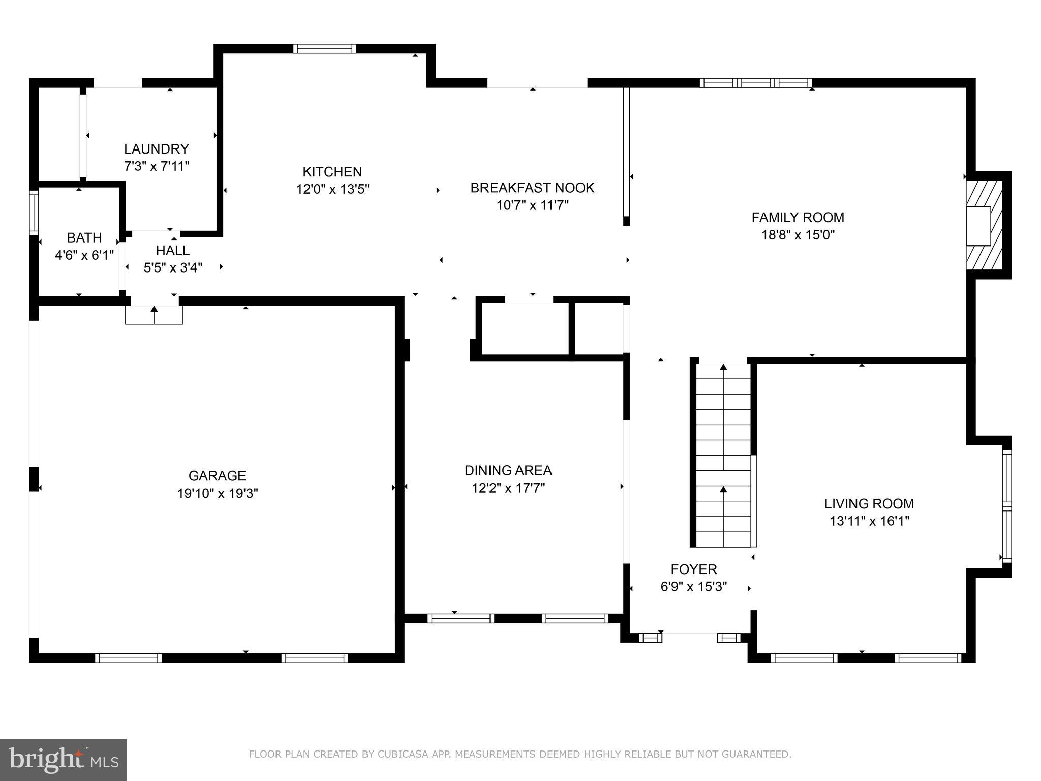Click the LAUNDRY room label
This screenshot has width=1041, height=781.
pyautogui.click(x=157, y=149)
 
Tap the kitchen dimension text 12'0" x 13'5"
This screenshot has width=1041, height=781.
pyautogui.click(x=332, y=189)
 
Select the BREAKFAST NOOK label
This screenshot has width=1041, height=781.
pyautogui.click(x=532, y=188)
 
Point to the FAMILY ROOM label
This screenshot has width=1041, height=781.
pyautogui.click(x=798, y=218)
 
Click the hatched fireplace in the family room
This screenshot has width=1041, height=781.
pyautogui.click(x=984, y=226)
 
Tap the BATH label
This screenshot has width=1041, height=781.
pyautogui.click(x=84, y=237)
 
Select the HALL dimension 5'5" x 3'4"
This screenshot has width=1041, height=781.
pyautogui.click(x=173, y=268)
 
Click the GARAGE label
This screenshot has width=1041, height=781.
pyautogui.click(x=217, y=476)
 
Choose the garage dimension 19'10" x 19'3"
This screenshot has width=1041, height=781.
pyautogui.click(x=218, y=493)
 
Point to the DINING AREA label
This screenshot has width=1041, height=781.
pyautogui.click(x=508, y=471)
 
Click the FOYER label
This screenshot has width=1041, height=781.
pyautogui.click(x=694, y=569)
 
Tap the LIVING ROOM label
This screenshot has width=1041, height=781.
pyautogui.click(x=869, y=504)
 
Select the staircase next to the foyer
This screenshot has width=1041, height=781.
pyautogui.click(x=723, y=455)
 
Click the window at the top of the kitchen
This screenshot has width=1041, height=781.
pyautogui.click(x=324, y=49)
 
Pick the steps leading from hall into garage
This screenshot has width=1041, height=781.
pyautogui.click(x=154, y=315)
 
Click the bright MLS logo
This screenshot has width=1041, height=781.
pyautogui.click(x=64, y=760)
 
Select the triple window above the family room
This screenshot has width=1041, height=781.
pyautogui.click(x=755, y=83)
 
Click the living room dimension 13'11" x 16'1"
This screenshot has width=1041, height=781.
pyautogui.click(x=869, y=521)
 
